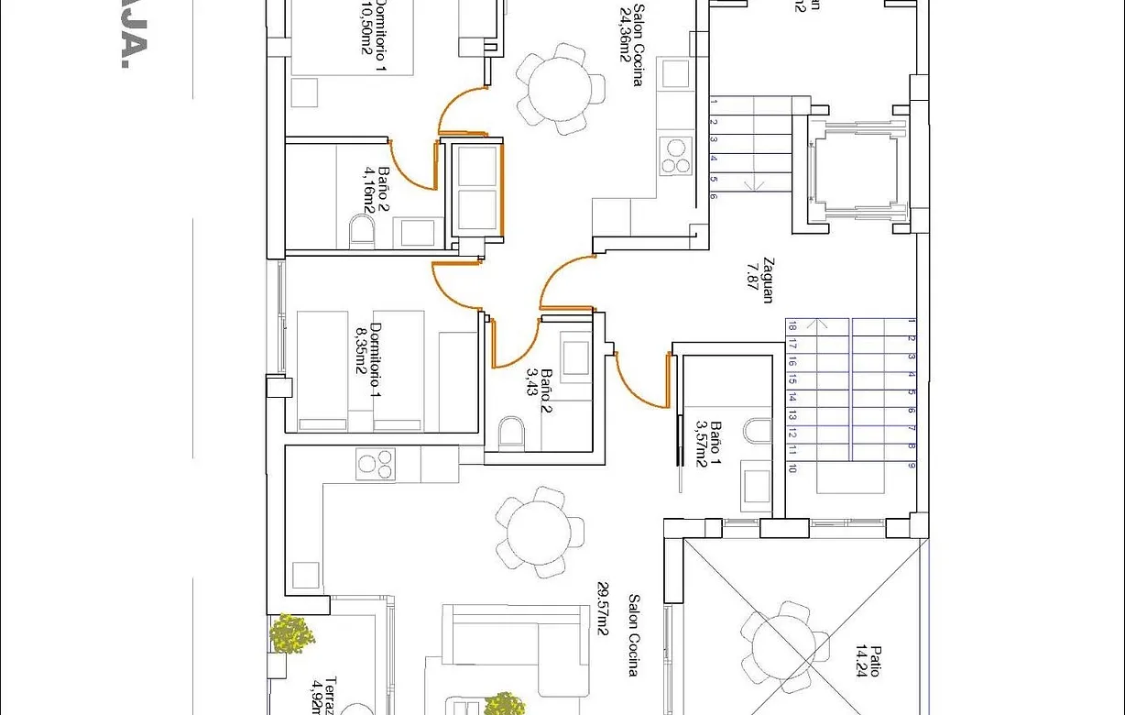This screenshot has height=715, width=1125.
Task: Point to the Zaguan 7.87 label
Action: click(761, 278)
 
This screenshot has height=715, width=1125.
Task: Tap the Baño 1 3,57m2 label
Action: click(708, 444)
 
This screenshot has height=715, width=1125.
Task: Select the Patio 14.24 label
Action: click(868, 660)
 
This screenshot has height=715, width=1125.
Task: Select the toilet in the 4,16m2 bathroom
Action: click(363, 230)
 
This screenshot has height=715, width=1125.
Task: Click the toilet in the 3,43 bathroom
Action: click(511, 432)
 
